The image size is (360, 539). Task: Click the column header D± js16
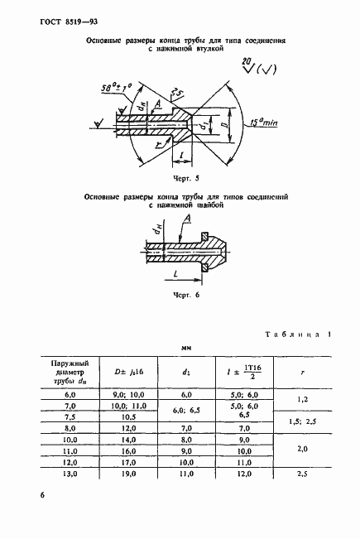pyautogui.click(x=129, y=373)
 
